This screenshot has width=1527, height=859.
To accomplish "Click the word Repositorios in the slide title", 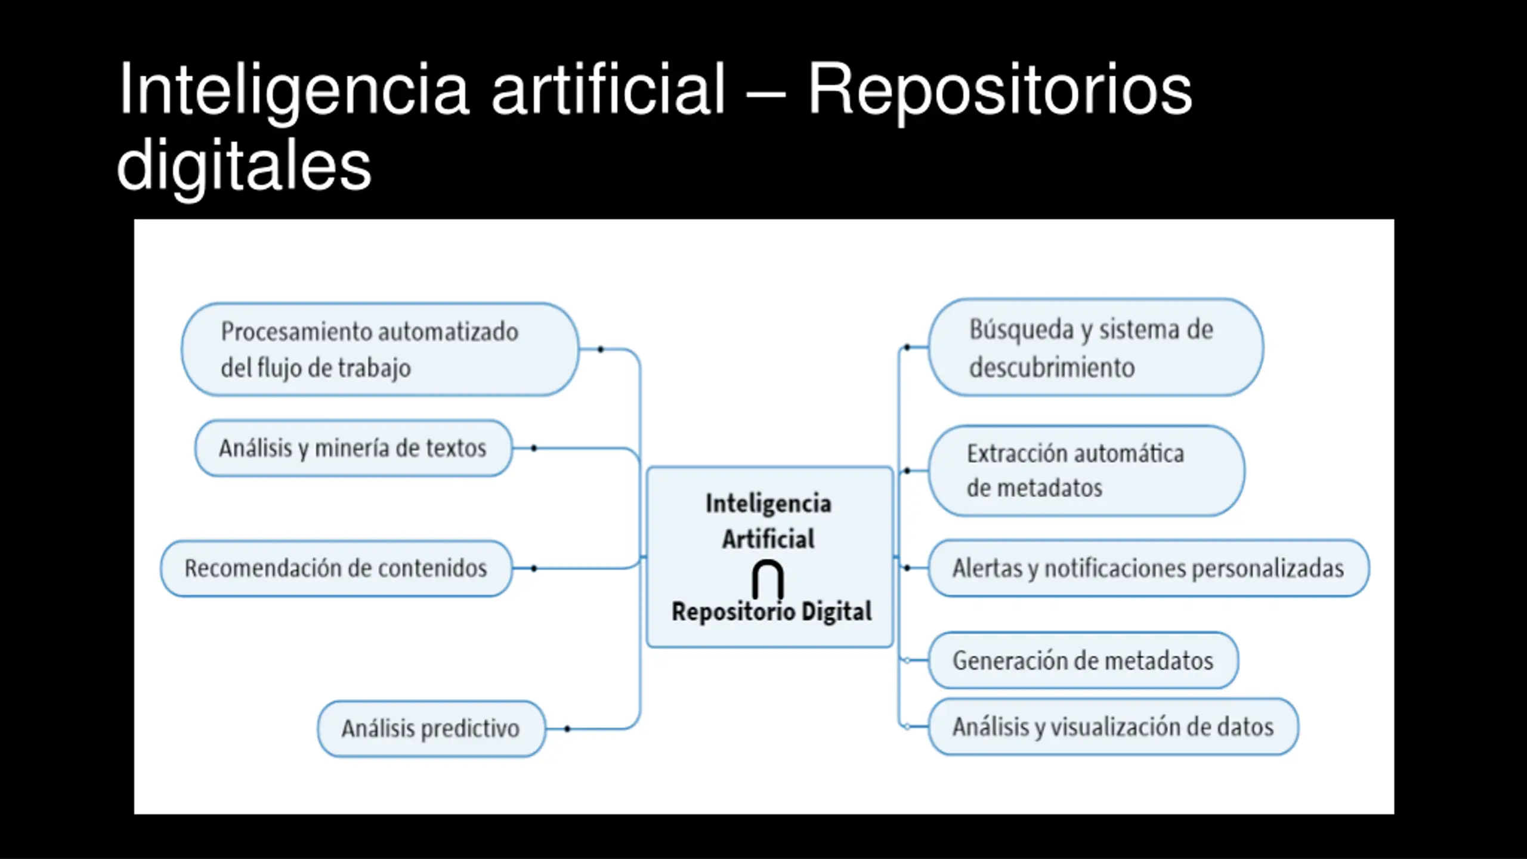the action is pos(1000,91).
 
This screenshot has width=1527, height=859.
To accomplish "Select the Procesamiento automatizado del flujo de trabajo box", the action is pos(380,350).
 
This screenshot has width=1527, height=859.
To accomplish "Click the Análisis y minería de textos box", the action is pos(353,448).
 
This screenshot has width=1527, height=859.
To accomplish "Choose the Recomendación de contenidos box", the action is pos(336,568).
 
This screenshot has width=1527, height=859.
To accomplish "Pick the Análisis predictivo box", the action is pos(431,729).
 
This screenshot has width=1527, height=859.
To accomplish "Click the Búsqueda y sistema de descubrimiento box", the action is pos(1096,347).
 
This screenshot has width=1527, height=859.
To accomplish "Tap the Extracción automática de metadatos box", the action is pos(1086,471).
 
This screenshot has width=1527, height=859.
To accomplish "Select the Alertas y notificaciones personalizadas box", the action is pos(1149,568).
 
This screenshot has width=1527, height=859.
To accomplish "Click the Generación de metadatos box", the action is pos(1083,660).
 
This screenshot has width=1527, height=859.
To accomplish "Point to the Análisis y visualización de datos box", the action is pos(1113,727).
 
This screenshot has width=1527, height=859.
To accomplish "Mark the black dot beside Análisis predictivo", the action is pos(567,729).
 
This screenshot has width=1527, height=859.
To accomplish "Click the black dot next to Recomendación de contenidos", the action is pos(534,568).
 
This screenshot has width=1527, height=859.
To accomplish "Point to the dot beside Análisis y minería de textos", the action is pos(534,448).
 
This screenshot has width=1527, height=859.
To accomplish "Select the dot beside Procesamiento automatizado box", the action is pos(601,349).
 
